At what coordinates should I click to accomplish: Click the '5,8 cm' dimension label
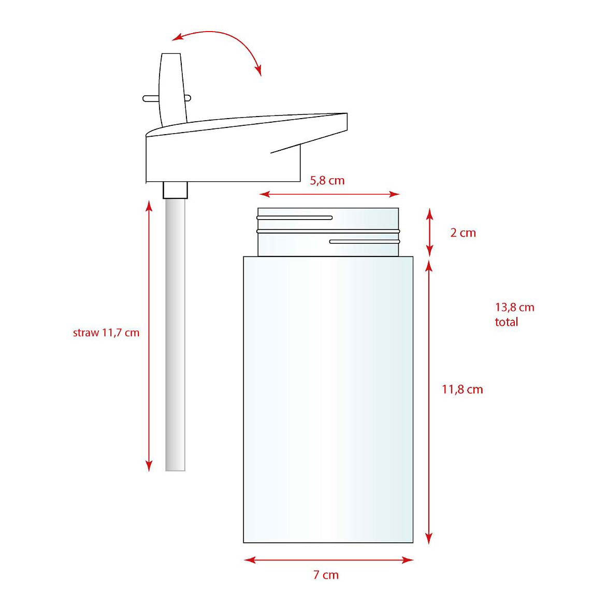[x=327, y=180]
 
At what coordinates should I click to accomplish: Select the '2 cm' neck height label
[x=463, y=233]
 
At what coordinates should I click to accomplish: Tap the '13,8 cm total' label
[x=514, y=314]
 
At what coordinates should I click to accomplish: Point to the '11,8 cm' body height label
[x=462, y=389]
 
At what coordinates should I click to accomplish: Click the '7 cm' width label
[x=326, y=575]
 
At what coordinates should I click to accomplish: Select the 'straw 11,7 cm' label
[x=106, y=333]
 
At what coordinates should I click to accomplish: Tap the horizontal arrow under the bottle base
[x=328, y=559]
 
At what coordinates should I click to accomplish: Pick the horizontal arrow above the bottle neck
[x=329, y=194]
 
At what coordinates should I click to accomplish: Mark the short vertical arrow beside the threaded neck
[x=429, y=232]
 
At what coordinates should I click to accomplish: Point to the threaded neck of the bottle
[x=328, y=232]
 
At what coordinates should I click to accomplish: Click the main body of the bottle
[x=328, y=399]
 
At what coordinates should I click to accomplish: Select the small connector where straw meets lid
[x=175, y=190]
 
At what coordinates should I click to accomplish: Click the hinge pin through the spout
[x=148, y=97]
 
